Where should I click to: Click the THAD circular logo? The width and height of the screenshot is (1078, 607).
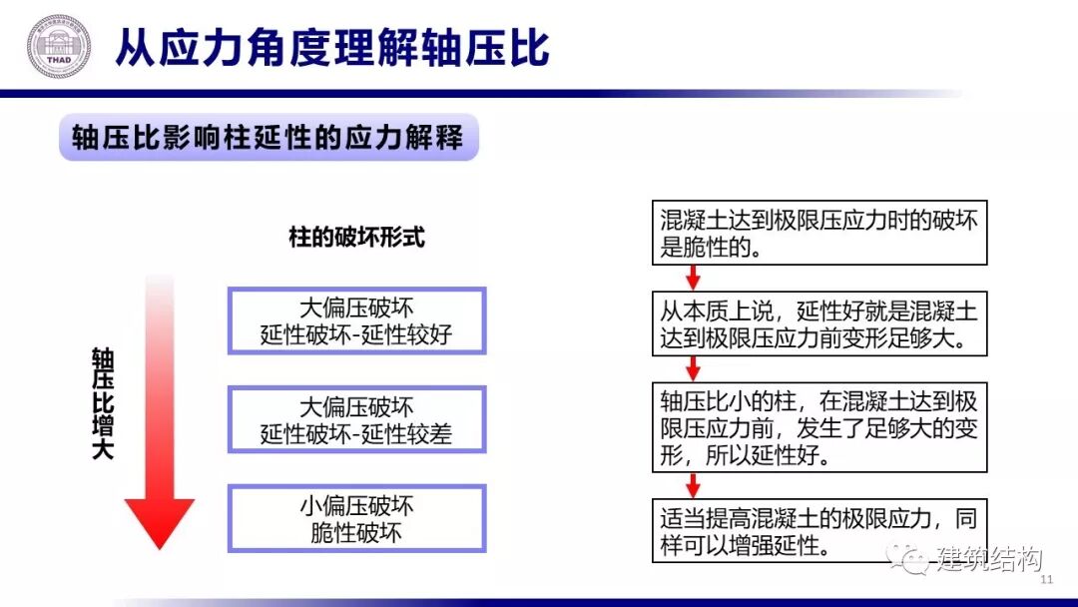click(58, 47)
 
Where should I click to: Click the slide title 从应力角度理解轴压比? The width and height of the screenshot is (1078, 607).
click(332, 48)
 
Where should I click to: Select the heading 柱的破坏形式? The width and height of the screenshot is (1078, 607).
click(356, 238)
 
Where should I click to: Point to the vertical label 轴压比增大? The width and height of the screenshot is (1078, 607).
click(103, 403)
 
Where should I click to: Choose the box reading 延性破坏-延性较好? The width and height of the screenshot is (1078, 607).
click(356, 321)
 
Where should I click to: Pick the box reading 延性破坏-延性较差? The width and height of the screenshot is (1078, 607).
click(356, 420)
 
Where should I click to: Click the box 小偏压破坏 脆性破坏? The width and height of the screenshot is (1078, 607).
click(356, 519)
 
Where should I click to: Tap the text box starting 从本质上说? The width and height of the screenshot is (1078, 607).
click(819, 321)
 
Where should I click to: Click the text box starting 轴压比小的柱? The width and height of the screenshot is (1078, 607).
click(819, 427)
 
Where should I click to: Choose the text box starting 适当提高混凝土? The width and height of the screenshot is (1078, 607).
click(819, 531)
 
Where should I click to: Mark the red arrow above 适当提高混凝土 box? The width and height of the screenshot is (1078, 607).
click(694, 485)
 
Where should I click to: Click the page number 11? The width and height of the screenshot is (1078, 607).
click(1047, 581)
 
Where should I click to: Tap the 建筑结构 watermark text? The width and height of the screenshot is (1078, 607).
click(988, 560)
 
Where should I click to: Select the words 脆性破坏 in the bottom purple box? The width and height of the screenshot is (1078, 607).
click(356, 533)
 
